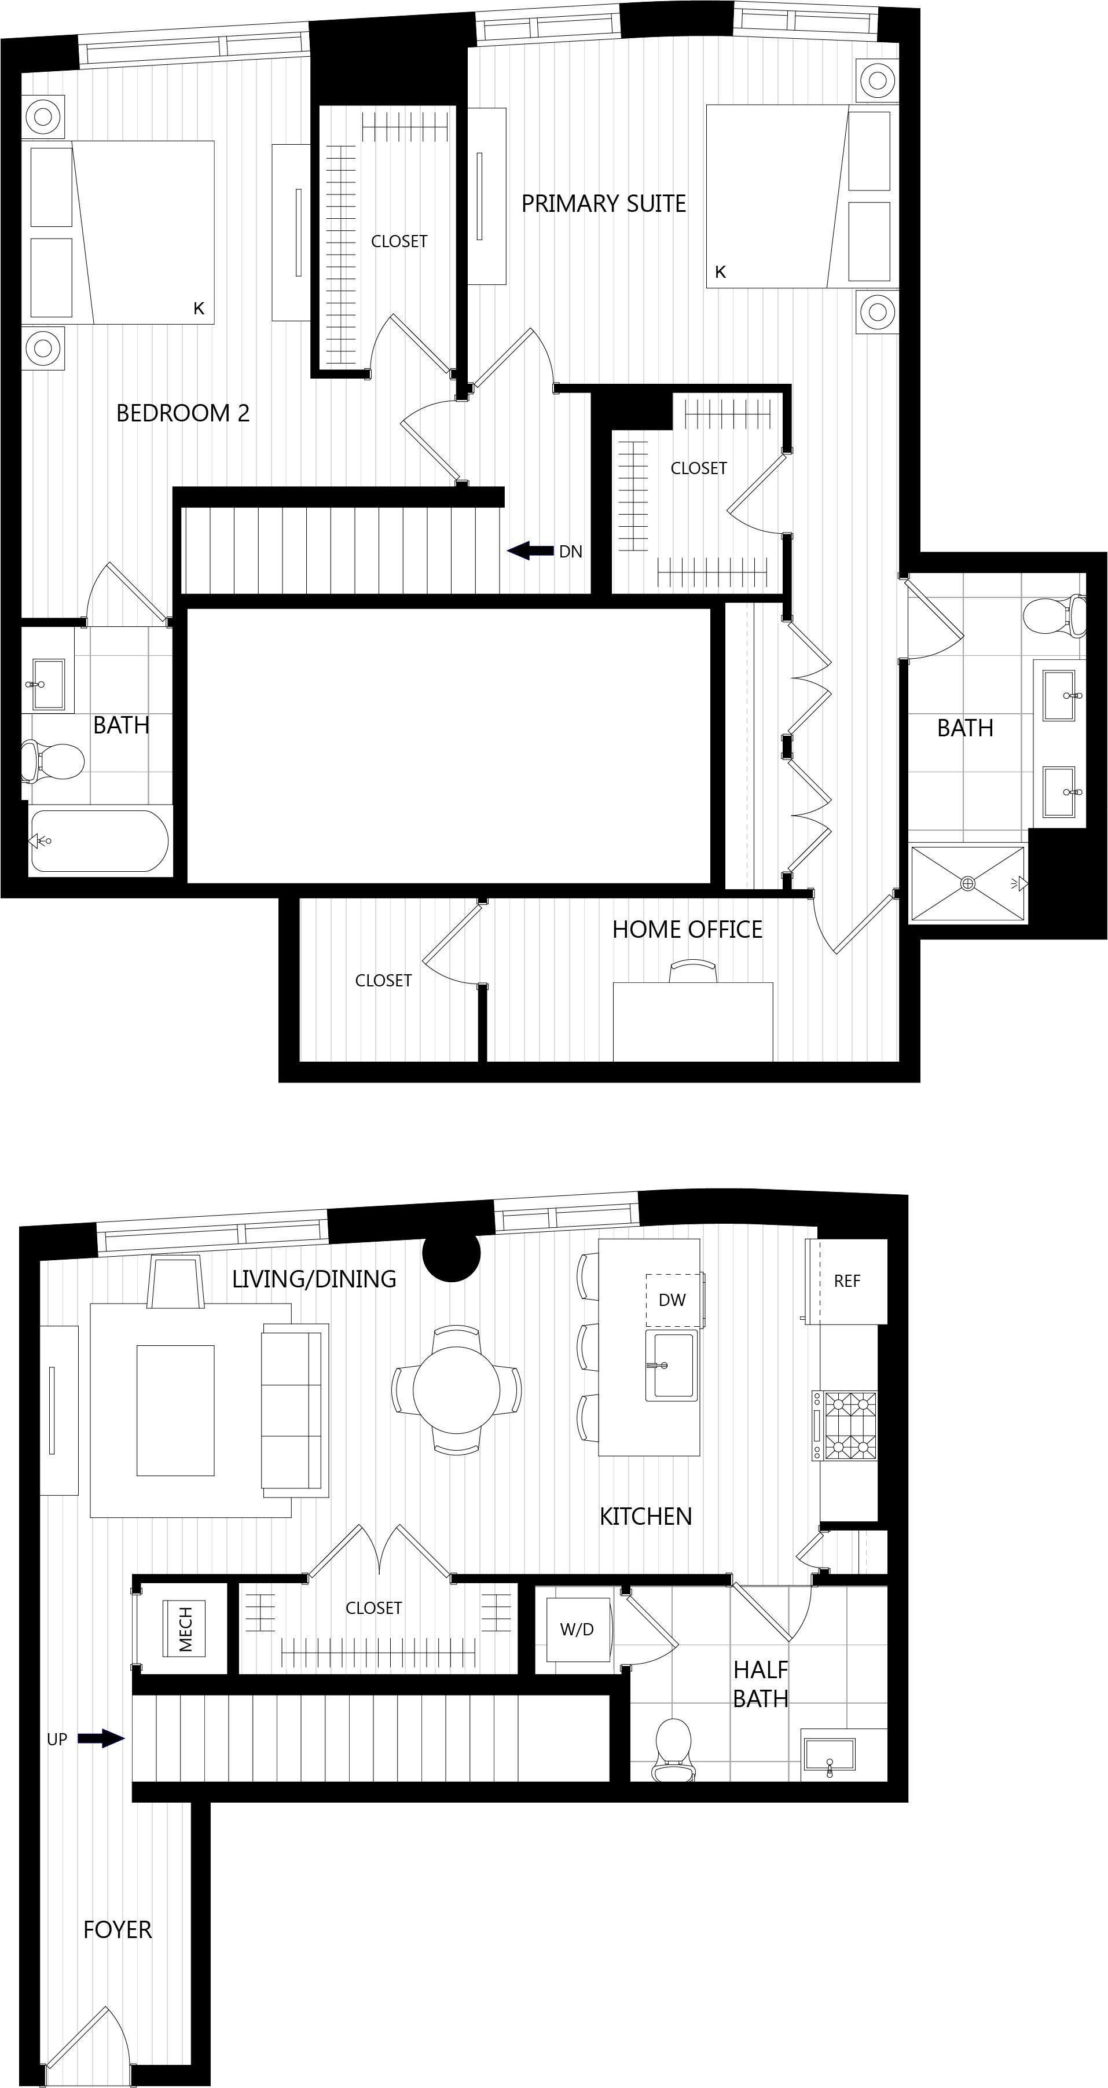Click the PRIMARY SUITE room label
coord(603,203)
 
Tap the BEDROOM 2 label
coord(182,413)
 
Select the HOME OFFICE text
coord(687,929)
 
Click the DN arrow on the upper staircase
coord(530,551)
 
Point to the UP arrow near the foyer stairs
coord(101,1738)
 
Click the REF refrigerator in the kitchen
coord(847,1280)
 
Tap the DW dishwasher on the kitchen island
coord(673,1300)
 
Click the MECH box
coord(185,1629)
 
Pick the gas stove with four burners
coord(845,1426)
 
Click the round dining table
coord(456,1390)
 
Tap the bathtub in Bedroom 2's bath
coord(100,841)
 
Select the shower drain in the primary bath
coord(968,883)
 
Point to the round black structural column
coord(452,1252)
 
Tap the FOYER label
coord(118,1930)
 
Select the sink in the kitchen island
coord(671,1366)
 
